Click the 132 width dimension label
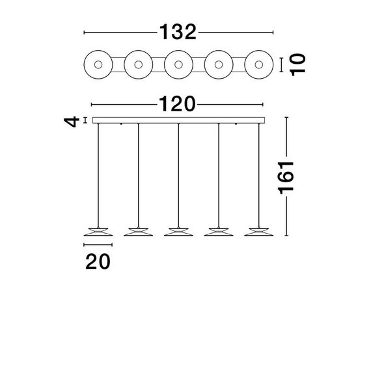tap(178, 31)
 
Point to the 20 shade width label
tap(98, 261)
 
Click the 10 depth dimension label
tap(297, 64)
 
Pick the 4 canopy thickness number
tap(76, 120)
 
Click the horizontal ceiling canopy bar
tap(178, 120)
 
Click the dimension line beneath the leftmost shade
tap(98, 245)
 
